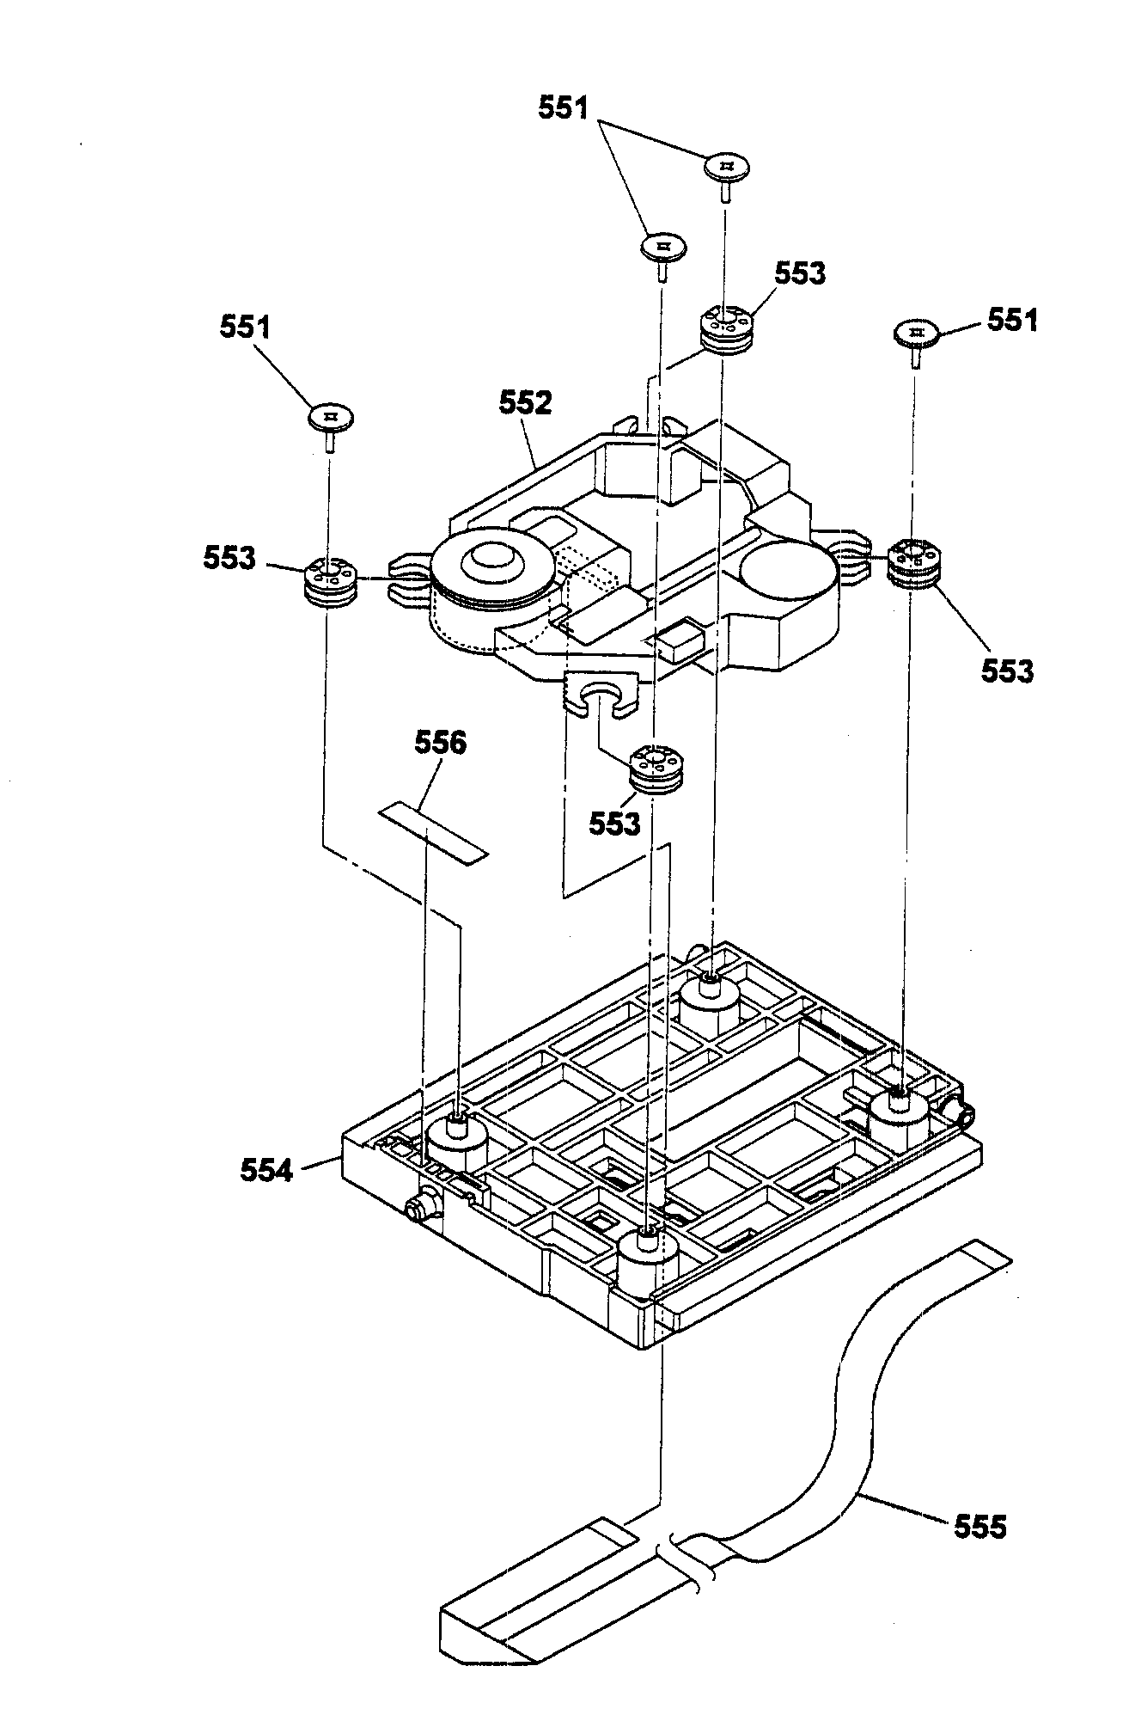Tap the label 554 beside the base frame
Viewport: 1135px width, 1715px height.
pyautogui.click(x=266, y=1170)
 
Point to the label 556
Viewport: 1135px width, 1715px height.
pyautogui.click(x=441, y=743)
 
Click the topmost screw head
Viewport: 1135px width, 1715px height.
pyautogui.click(x=728, y=166)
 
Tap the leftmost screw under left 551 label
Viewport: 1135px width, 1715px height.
pyautogui.click(x=331, y=419)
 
